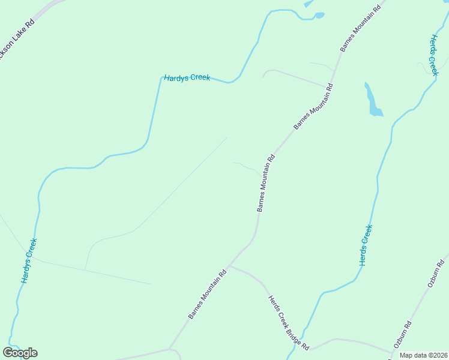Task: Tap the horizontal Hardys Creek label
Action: click(187, 78)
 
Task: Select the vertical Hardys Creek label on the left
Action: click(29, 261)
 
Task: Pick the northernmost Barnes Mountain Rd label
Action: click(359, 29)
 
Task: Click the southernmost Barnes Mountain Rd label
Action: click(206, 294)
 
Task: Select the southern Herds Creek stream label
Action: click(366, 245)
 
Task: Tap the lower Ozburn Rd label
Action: click(402, 336)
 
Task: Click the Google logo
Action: click(20, 353)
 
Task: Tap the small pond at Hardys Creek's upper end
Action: click(319, 15)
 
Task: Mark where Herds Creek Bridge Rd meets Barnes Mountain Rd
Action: click(229, 266)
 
